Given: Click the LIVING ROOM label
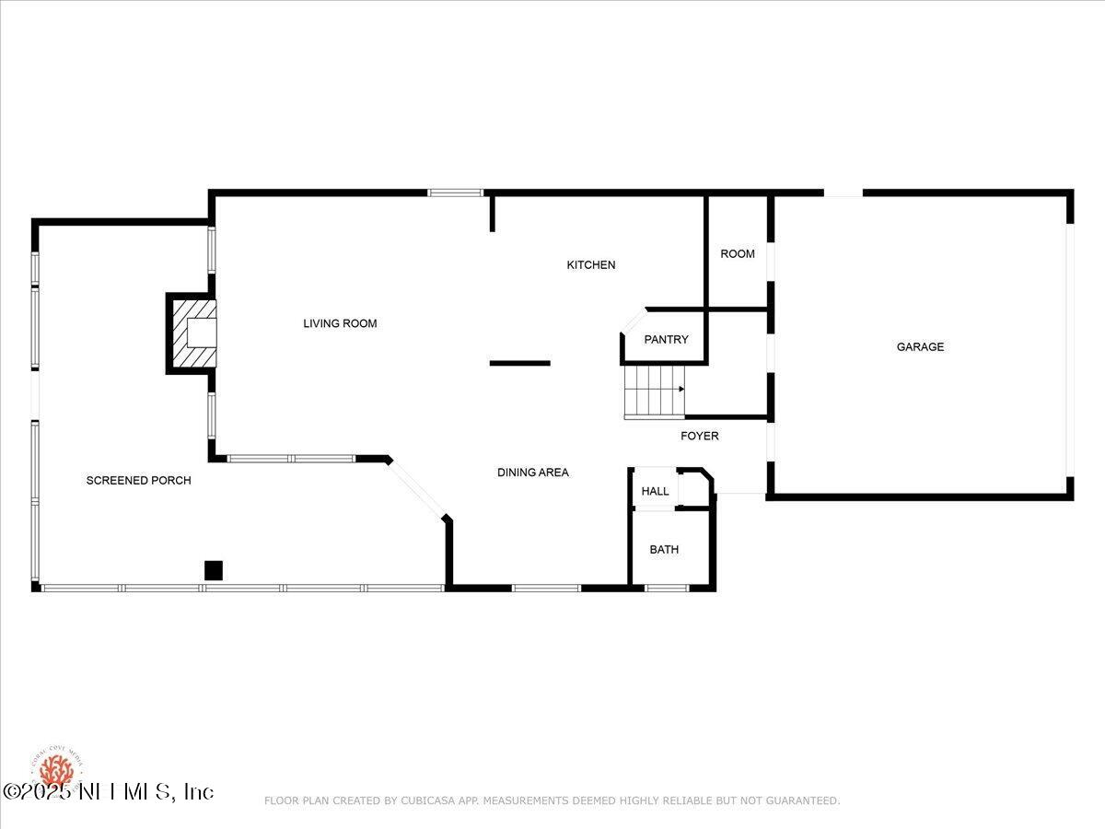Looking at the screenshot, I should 340,323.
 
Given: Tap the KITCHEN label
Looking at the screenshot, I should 590,265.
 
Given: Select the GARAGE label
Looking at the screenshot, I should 920,347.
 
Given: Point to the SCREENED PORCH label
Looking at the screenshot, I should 138,481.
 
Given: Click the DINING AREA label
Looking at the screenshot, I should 532,473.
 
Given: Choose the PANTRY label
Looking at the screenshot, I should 666,340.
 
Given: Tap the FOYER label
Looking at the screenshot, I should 699,436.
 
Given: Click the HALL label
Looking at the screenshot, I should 655,492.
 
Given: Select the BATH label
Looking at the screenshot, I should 664,550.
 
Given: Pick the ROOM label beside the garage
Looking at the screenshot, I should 737,254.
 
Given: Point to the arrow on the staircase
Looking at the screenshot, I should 680,389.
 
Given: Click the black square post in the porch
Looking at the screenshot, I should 214,570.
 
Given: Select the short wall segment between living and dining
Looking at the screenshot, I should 519,363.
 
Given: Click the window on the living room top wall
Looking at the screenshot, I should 455,193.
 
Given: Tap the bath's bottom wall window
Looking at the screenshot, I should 667,588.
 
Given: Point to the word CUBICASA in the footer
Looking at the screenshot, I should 429,800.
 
